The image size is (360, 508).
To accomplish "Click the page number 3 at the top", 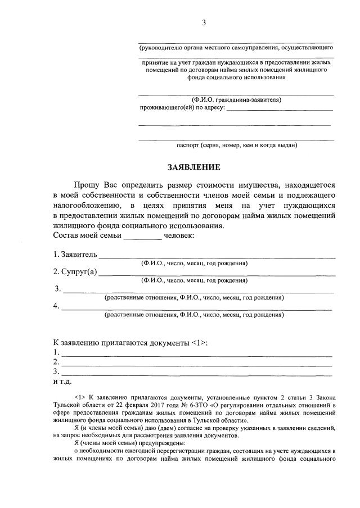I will coord(204,22).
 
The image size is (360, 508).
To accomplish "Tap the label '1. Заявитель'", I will coord(75,255).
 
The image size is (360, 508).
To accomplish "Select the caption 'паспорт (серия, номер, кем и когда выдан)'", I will coord(236,145).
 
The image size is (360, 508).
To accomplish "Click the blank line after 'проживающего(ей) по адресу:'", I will coord(280,109).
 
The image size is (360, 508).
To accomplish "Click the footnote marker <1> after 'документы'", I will coord(199,343).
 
